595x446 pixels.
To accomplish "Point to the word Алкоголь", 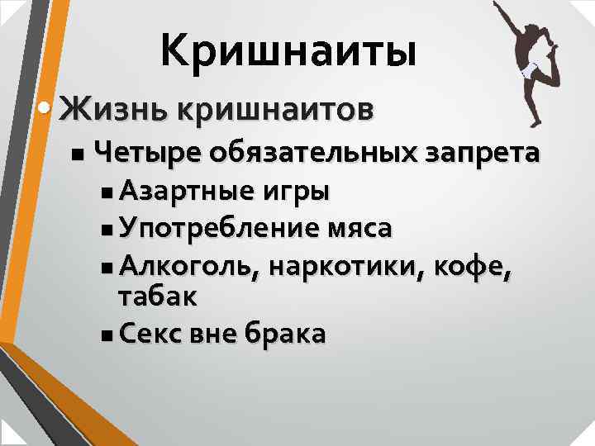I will point(189,265).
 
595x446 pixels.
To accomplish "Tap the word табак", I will point(158,297).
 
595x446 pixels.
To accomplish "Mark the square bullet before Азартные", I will point(111,193).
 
